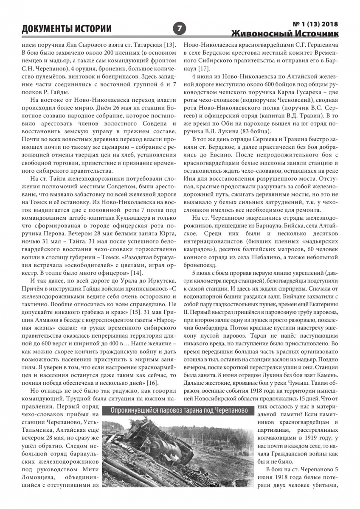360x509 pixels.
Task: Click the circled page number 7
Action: (180, 29)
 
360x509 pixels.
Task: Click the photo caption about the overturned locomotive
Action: (180, 411)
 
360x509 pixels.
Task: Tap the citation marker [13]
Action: (169, 45)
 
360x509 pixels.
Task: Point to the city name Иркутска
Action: (154, 281)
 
